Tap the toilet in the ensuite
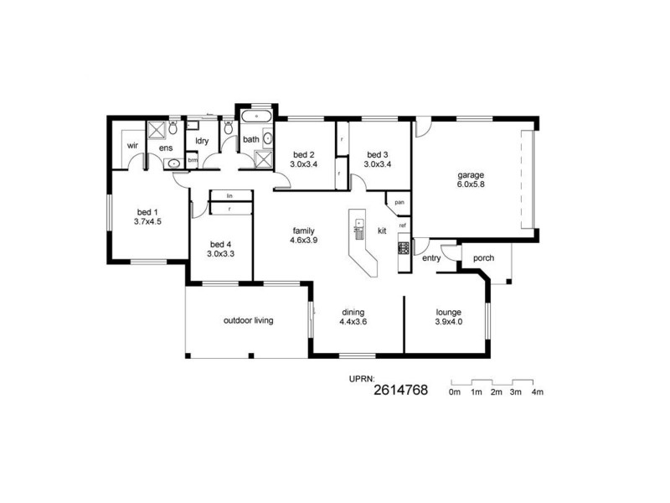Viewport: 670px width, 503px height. [x=172, y=128]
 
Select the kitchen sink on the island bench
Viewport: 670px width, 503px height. [x=358, y=224]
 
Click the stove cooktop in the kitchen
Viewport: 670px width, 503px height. [x=403, y=247]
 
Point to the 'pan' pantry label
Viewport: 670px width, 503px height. [x=400, y=202]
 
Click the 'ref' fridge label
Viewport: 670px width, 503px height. [x=403, y=226]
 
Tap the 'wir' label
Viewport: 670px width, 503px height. [x=132, y=145]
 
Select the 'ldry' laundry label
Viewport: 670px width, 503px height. [x=202, y=141]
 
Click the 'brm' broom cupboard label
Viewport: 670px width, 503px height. [x=193, y=159]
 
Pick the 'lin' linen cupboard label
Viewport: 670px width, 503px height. [x=229, y=195]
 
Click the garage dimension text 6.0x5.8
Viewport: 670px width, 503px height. [x=471, y=184]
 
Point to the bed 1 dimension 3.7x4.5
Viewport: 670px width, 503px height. [x=147, y=222]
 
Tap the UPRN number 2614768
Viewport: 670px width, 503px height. [x=400, y=391]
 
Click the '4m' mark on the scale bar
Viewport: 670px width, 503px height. [x=537, y=392]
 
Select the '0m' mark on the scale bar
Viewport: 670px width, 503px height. [x=455, y=392]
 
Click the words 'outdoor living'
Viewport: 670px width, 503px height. [x=248, y=320]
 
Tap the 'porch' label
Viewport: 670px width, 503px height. [x=483, y=258]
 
